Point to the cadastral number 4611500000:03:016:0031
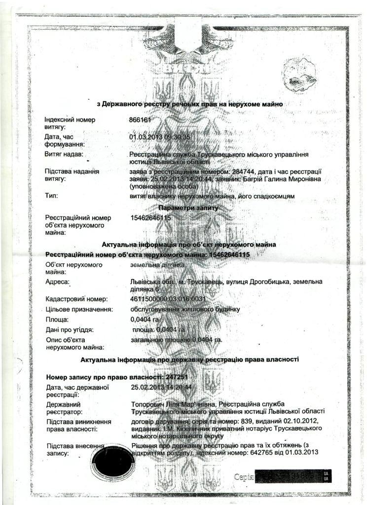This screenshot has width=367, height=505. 167,299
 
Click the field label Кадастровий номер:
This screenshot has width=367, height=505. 76,299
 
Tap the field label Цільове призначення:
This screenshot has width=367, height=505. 79,309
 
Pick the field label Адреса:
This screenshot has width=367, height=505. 57,282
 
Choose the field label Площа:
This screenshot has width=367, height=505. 57,320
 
